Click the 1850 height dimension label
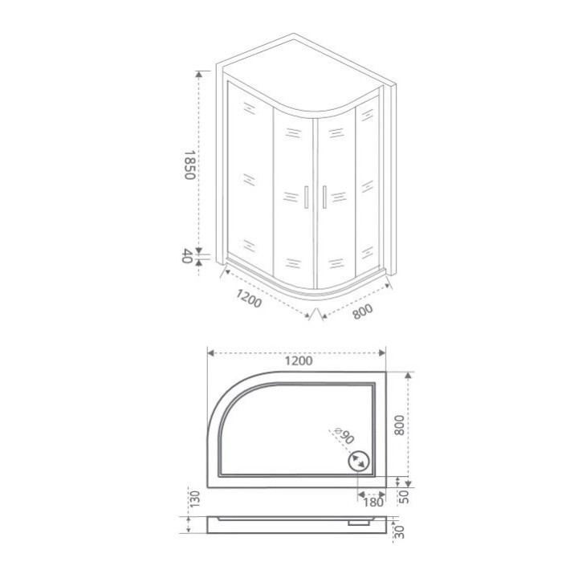point(189,165)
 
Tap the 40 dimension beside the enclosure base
point(187,256)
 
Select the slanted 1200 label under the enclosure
point(249,299)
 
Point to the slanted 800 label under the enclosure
point(363,311)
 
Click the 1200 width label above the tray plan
point(299,361)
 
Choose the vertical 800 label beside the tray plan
point(399,425)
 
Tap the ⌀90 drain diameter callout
point(344,435)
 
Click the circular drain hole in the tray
point(358,461)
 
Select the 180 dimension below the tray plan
point(373,502)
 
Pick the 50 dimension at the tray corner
point(405,497)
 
